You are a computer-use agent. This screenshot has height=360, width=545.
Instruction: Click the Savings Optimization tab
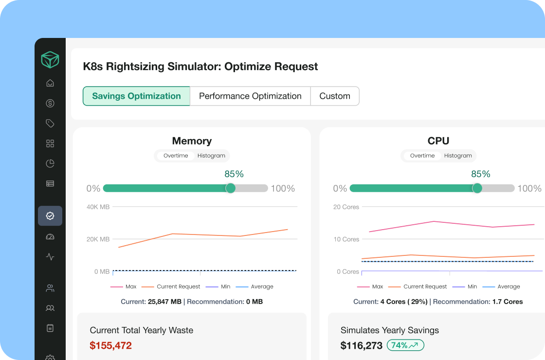(136, 96)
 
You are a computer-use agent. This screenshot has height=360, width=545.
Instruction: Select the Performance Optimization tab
(250, 96)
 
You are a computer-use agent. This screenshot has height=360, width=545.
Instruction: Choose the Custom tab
(335, 96)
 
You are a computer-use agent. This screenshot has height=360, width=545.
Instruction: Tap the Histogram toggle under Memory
(211, 156)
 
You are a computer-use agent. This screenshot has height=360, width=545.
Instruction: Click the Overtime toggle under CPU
(422, 156)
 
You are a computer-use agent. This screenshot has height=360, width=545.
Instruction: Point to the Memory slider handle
(231, 188)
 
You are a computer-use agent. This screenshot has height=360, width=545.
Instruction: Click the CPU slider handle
(477, 188)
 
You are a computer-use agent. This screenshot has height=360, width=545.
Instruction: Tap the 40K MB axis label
(98, 207)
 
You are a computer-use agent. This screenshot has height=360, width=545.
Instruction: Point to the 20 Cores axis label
(346, 207)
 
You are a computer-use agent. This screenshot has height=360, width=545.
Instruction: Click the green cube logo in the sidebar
(50, 60)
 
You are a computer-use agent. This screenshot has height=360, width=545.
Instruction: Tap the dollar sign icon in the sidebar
(50, 103)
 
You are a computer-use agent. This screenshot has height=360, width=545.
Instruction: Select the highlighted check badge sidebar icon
(50, 216)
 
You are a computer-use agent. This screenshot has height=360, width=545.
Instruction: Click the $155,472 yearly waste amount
(110, 346)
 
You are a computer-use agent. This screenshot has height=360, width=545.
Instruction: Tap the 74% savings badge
(405, 345)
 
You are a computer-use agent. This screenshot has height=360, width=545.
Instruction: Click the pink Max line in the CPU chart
(433, 222)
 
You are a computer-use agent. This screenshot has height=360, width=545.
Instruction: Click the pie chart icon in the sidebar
(50, 163)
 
